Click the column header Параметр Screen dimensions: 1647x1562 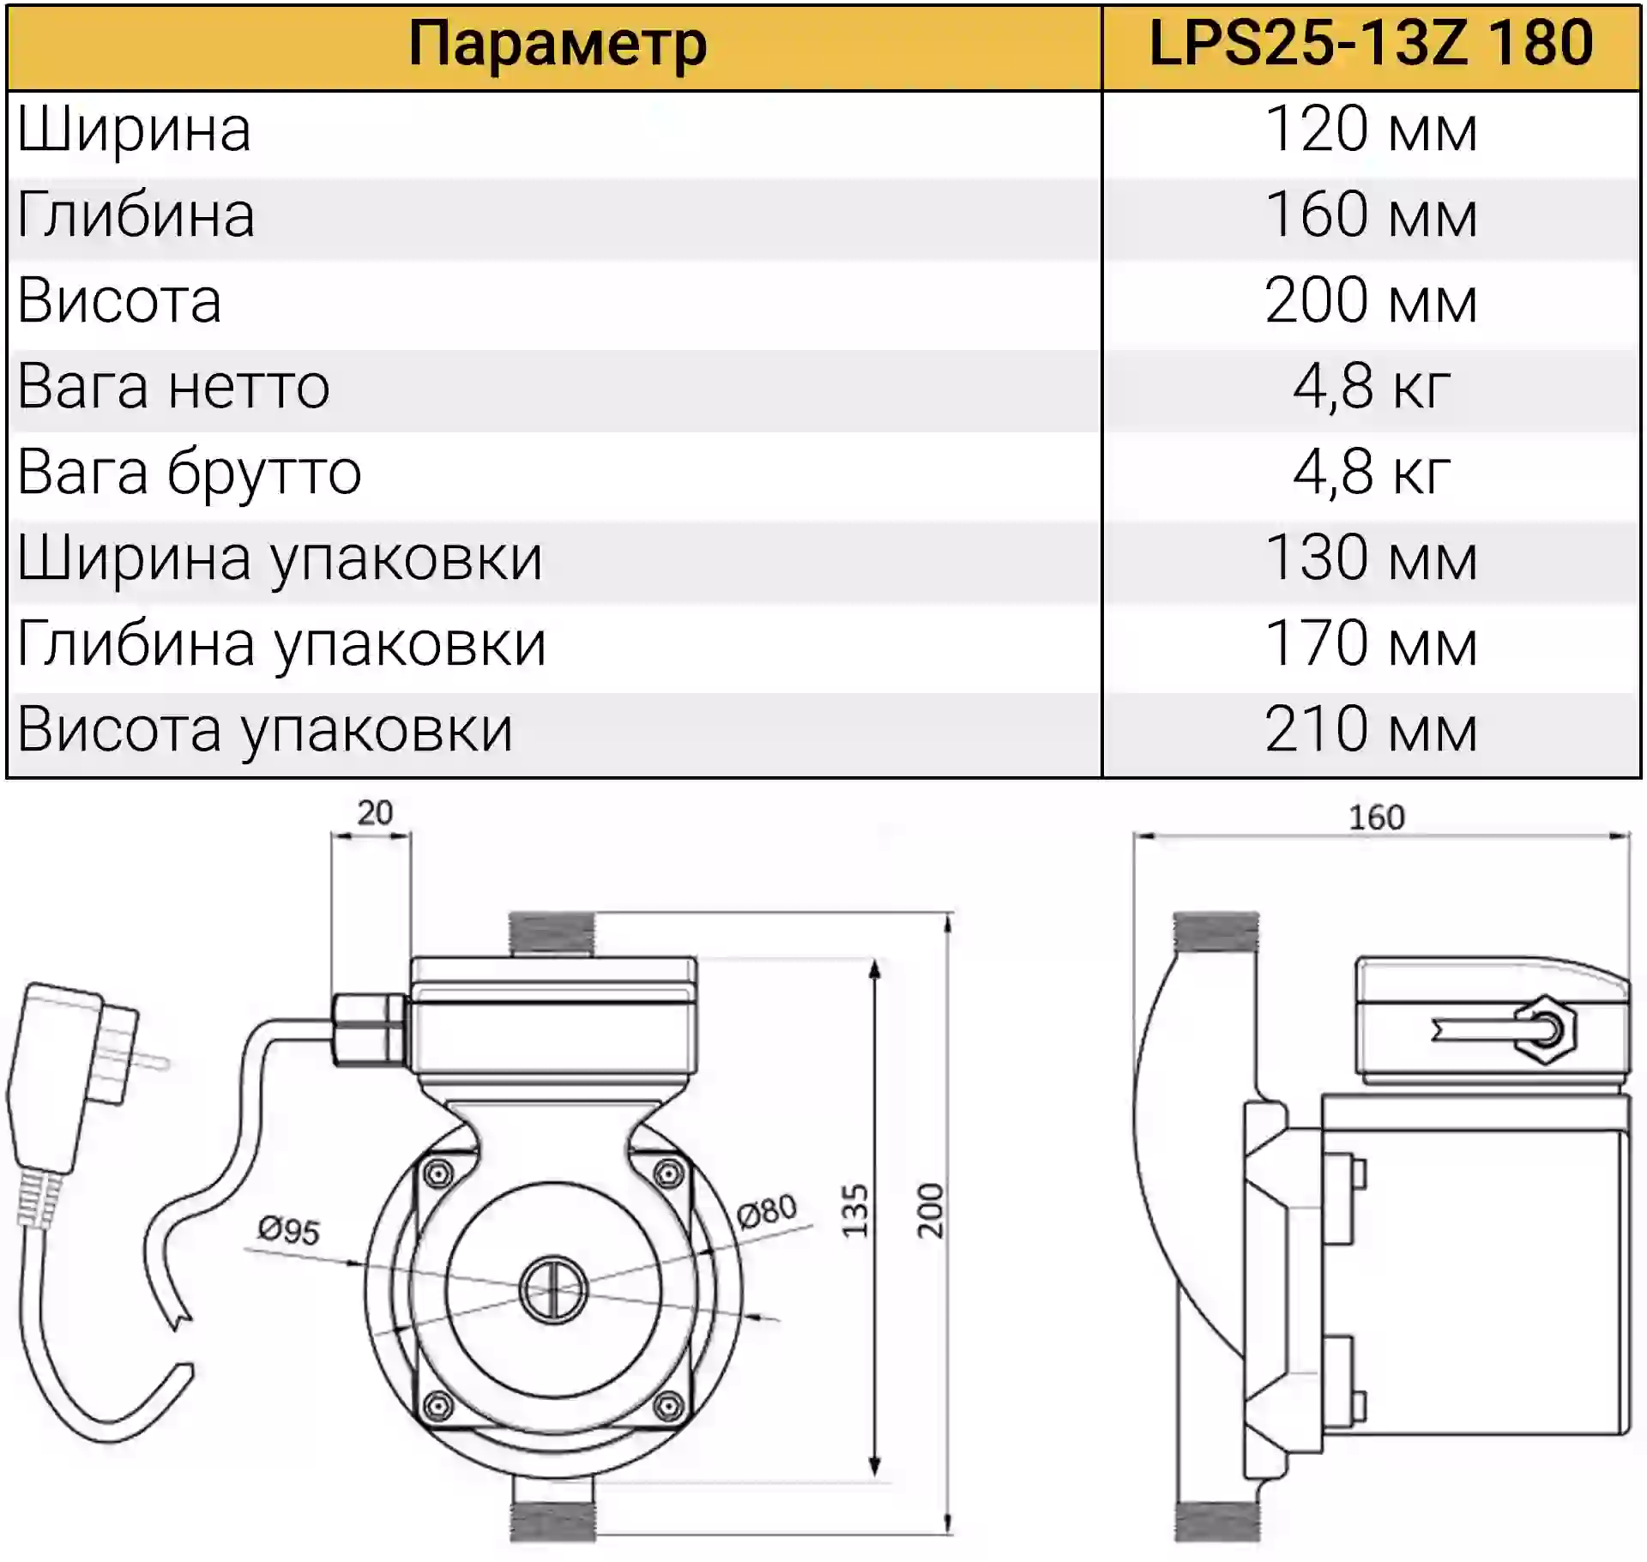[x=558, y=45]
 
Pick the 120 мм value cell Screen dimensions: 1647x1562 [x=1371, y=130]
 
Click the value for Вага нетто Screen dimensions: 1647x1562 [x=1371, y=388]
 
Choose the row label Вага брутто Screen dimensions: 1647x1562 [x=190, y=473]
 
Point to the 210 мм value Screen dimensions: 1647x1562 [x=1371, y=730]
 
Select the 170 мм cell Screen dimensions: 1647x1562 [x=1371, y=644]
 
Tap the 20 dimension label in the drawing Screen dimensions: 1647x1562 [x=375, y=812]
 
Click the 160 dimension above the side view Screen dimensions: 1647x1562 [x=1377, y=817]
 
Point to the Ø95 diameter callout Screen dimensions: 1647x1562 [x=289, y=1230]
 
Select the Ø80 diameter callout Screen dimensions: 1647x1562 [x=767, y=1210]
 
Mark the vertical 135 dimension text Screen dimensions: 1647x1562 [x=855, y=1210]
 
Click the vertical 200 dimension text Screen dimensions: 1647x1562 [x=930, y=1210]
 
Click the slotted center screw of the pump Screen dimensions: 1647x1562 [x=553, y=1290]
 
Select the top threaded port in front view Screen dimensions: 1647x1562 [x=552, y=935]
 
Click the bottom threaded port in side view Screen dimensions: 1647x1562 [x=1217, y=1517]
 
